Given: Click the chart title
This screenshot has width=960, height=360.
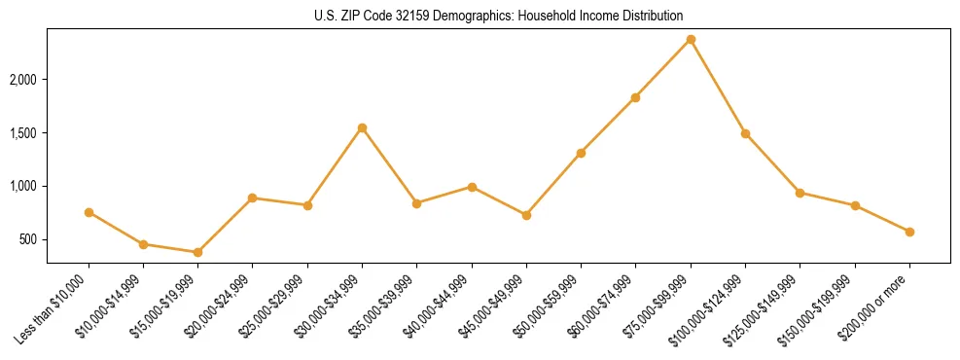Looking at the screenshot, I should [498, 17].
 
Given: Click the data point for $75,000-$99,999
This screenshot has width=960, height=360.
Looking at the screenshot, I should [691, 39].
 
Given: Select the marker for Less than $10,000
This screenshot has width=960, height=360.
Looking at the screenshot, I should [89, 212].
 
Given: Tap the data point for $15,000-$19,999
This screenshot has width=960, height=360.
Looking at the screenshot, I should [197, 252].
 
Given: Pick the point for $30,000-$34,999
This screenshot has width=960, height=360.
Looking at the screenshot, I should [362, 127].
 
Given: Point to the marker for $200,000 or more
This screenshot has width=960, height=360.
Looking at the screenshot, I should [909, 232].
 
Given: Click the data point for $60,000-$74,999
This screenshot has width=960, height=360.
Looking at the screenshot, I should [635, 97].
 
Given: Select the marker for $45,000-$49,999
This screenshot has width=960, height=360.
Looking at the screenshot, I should [526, 215].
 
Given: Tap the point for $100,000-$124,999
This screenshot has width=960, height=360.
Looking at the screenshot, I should [745, 133].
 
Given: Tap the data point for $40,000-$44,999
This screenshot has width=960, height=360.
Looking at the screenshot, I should [472, 187].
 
